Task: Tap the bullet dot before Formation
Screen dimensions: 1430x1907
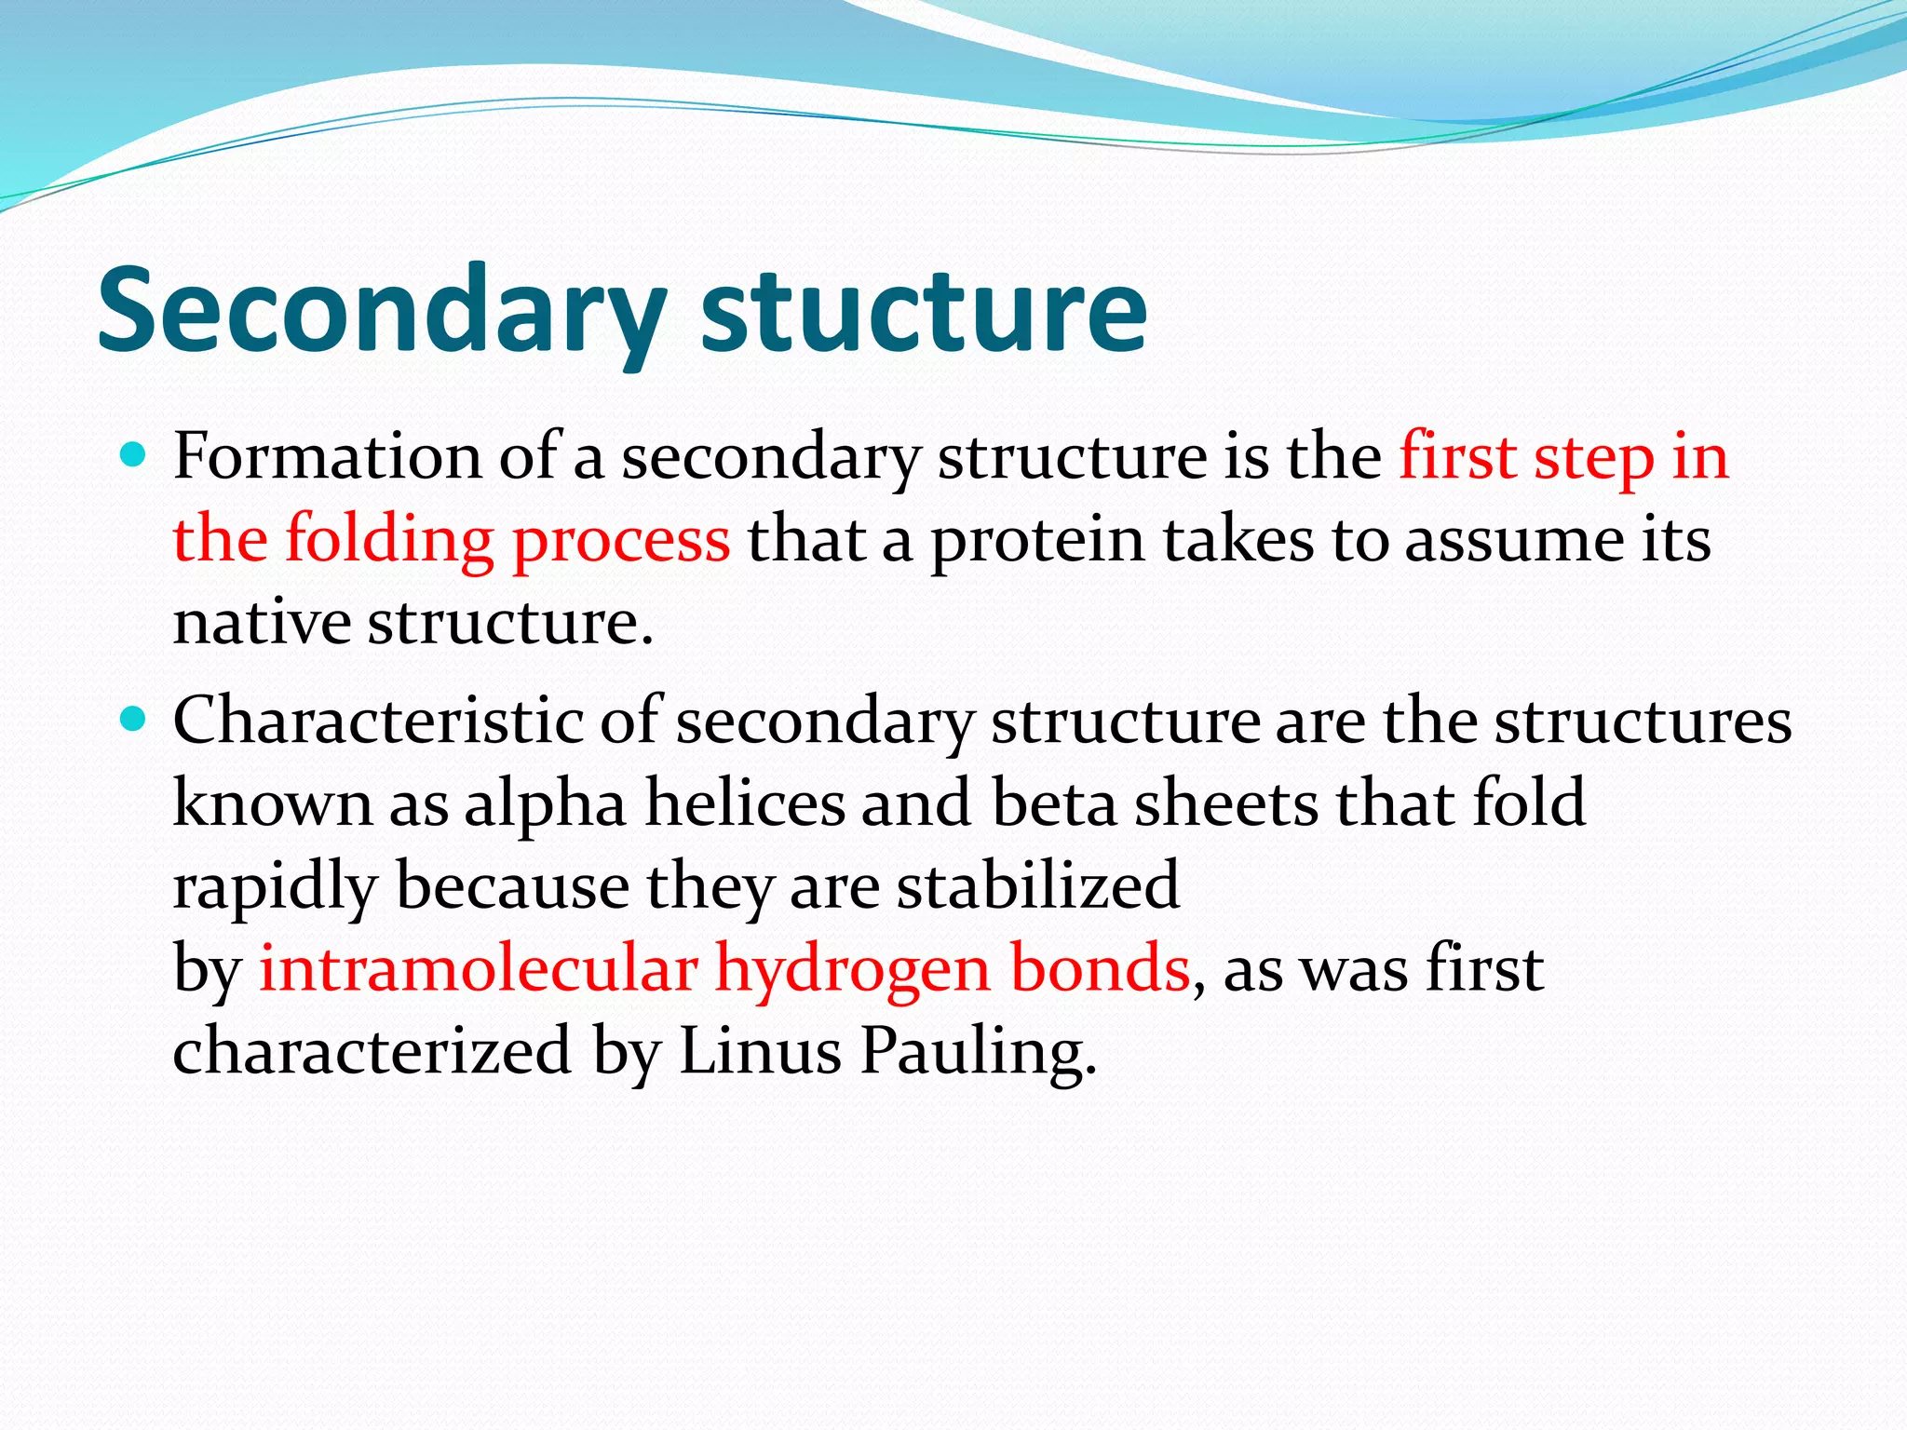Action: [135, 456]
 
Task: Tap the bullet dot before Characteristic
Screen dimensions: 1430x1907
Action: [135, 720]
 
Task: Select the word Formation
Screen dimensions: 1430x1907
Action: [327, 458]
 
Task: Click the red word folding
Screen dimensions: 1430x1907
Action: [388, 540]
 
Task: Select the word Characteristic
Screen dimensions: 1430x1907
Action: [377, 722]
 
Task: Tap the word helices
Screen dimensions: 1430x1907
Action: [745, 803]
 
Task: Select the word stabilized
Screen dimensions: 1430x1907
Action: [1038, 885]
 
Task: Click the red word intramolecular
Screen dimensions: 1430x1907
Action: [478, 968]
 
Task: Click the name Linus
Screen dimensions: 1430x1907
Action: [760, 1051]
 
